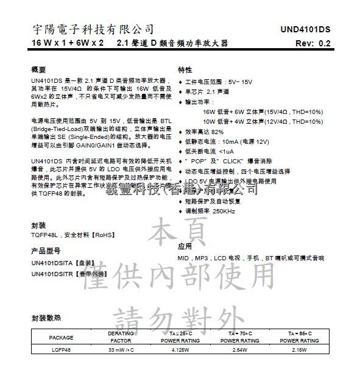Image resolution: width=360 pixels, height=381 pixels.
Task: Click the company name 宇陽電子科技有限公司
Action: coord(93,29)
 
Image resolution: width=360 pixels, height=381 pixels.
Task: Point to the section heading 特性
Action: coord(185,69)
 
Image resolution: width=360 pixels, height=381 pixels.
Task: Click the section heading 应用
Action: coord(185,246)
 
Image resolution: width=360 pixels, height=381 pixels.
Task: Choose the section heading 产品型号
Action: coord(46,251)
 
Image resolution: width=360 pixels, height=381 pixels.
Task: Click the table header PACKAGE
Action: coord(61,337)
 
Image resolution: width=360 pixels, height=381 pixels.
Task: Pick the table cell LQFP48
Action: coord(60,351)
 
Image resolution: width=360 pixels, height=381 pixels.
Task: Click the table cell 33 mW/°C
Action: coord(119,351)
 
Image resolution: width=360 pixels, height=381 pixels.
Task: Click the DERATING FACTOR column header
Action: coord(120,337)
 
